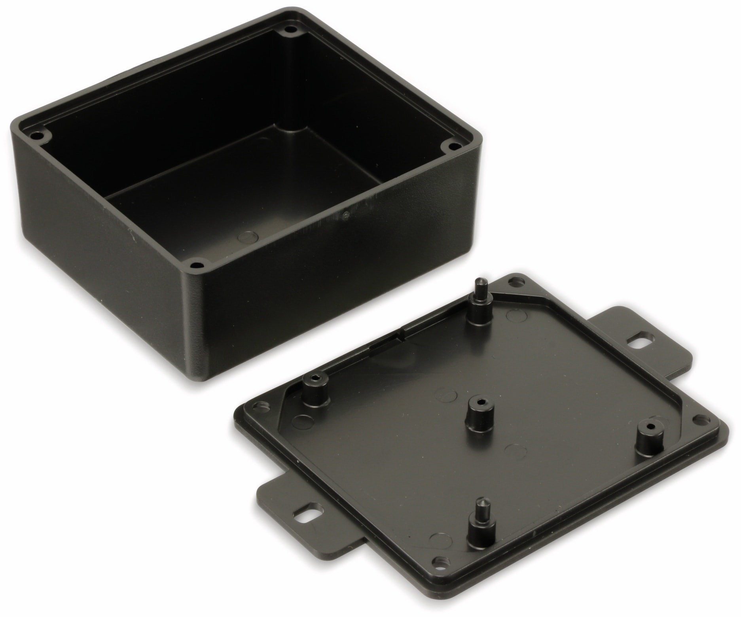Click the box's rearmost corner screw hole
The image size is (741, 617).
[291, 29]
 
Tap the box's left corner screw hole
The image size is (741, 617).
[38, 135]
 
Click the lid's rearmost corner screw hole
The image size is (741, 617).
[515, 282]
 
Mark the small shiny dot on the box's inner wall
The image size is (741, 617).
[347, 215]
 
